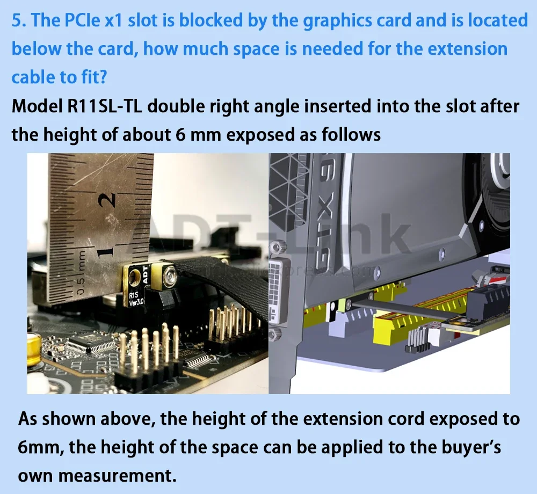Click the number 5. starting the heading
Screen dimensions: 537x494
[19, 20]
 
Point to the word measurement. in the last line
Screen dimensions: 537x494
[117, 476]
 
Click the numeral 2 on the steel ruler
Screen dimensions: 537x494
[107, 200]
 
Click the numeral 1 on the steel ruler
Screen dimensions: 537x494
[105, 252]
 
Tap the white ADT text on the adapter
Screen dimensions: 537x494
[144, 274]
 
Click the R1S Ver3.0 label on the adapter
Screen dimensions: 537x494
[136, 299]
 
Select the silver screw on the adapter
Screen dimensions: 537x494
[169, 273]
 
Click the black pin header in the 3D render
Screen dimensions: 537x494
[417, 340]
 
